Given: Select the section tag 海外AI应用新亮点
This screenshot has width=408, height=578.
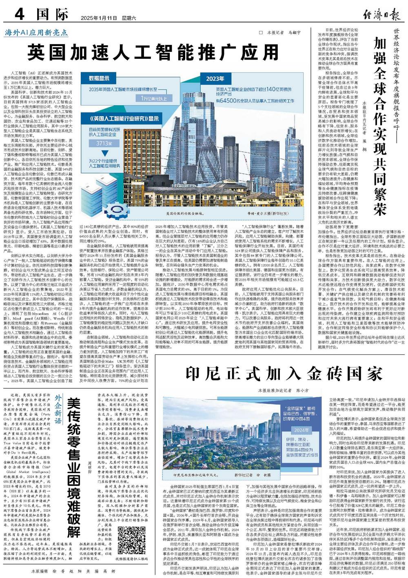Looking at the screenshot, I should click(x=31, y=33).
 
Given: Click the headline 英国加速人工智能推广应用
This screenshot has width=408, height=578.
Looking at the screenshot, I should click(x=153, y=52).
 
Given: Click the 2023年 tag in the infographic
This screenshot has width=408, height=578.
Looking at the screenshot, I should click(x=215, y=79).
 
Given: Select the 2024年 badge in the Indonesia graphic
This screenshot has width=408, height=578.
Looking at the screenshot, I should click(x=302, y=430).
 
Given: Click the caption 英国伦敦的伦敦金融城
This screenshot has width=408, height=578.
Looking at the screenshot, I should click(x=184, y=213).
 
